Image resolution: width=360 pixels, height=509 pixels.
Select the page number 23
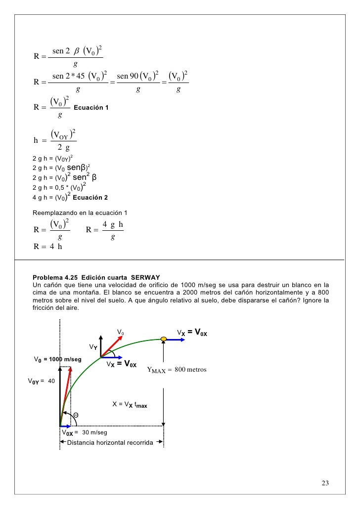tap(325, 483)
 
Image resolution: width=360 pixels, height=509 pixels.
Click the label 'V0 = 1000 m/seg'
tap(57, 359)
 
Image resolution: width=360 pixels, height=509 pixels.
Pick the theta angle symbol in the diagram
tap(76, 414)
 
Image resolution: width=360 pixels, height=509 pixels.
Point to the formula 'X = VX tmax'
tap(130, 404)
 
